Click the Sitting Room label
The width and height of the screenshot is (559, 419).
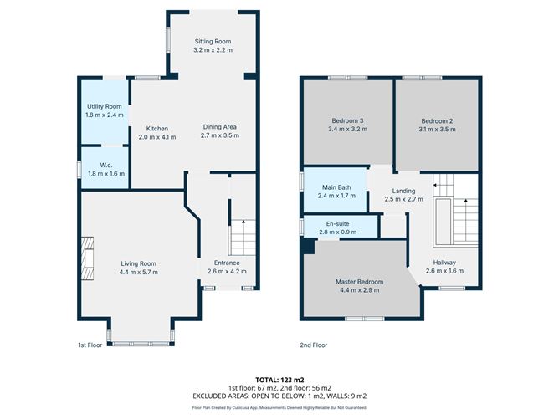click(213, 42)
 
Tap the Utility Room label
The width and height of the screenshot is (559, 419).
click(105, 106)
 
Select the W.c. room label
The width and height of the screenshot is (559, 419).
click(105, 164)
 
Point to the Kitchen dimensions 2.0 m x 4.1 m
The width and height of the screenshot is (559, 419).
click(157, 136)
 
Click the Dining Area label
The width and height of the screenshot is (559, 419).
click(221, 127)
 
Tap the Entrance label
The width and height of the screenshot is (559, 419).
click(222, 263)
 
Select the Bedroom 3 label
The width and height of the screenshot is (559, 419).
click(348, 121)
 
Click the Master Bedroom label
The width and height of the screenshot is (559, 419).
click(358, 282)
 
